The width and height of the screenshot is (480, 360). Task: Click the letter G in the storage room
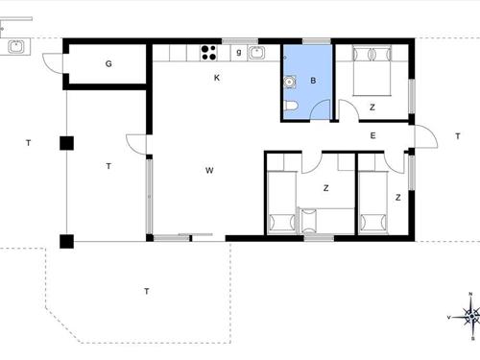(108, 64)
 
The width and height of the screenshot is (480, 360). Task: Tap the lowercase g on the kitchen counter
(238, 51)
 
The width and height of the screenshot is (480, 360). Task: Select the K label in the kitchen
(217, 78)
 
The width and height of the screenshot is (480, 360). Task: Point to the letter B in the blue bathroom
(312, 82)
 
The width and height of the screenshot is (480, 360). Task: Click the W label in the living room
(208, 171)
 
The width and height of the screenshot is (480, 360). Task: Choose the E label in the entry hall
(372, 135)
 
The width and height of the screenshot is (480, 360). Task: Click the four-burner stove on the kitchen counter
(208, 52)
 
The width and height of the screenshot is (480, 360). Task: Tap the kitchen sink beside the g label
(257, 52)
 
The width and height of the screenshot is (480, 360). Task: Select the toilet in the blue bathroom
(290, 106)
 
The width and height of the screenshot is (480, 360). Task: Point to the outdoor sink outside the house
(15, 46)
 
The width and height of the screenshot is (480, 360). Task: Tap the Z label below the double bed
(372, 107)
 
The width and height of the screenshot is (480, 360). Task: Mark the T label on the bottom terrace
(146, 290)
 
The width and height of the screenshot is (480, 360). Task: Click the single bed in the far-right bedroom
(372, 202)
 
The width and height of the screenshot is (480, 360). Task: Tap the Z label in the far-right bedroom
(397, 198)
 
